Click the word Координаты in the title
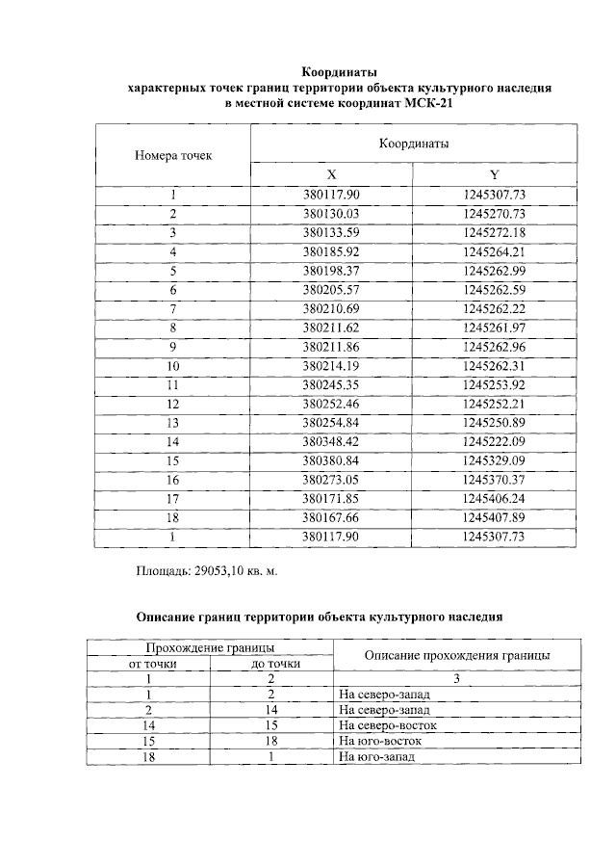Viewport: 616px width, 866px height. [339, 72]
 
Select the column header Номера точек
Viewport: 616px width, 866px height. [173, 154]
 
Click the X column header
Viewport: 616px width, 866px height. [331, 174]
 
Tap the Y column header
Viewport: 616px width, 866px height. [494, 174]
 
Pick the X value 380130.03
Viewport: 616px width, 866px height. [331, 213]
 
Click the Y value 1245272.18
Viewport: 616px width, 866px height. [494, 232]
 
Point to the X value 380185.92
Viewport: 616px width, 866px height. [331, 251]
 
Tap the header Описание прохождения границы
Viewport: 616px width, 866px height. [457, 655]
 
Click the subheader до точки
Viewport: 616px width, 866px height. [272, 664]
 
